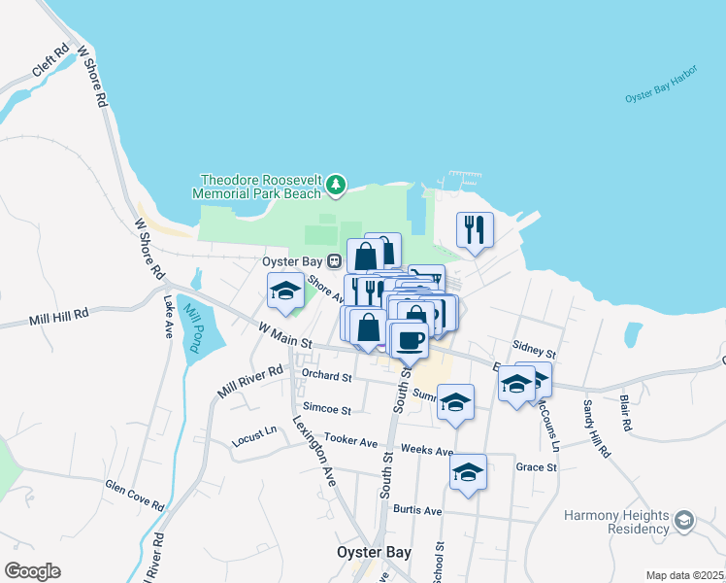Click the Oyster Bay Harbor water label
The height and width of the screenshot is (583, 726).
pos(661,98)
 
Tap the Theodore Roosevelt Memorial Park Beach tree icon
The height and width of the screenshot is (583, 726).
pos(336,183)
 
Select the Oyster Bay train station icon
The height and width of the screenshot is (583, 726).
pos(334,260)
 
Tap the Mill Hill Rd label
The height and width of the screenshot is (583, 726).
pos(58,315)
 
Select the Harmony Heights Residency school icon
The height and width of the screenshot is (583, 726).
pos(684,521)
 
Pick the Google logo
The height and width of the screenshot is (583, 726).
pos(32,571)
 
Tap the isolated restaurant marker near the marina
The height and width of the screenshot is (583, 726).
pos(475,230)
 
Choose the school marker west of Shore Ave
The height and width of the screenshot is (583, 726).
pos(285,291)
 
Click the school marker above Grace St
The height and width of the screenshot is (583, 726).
pos(469,472)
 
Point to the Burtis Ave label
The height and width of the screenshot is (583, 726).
pos(417,510)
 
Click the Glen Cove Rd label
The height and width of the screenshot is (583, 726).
pos(135,495)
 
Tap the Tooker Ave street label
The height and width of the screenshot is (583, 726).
pos(350,441)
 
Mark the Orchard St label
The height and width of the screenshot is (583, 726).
pos(326,375)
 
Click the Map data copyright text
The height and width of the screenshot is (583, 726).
pos(683,575)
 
